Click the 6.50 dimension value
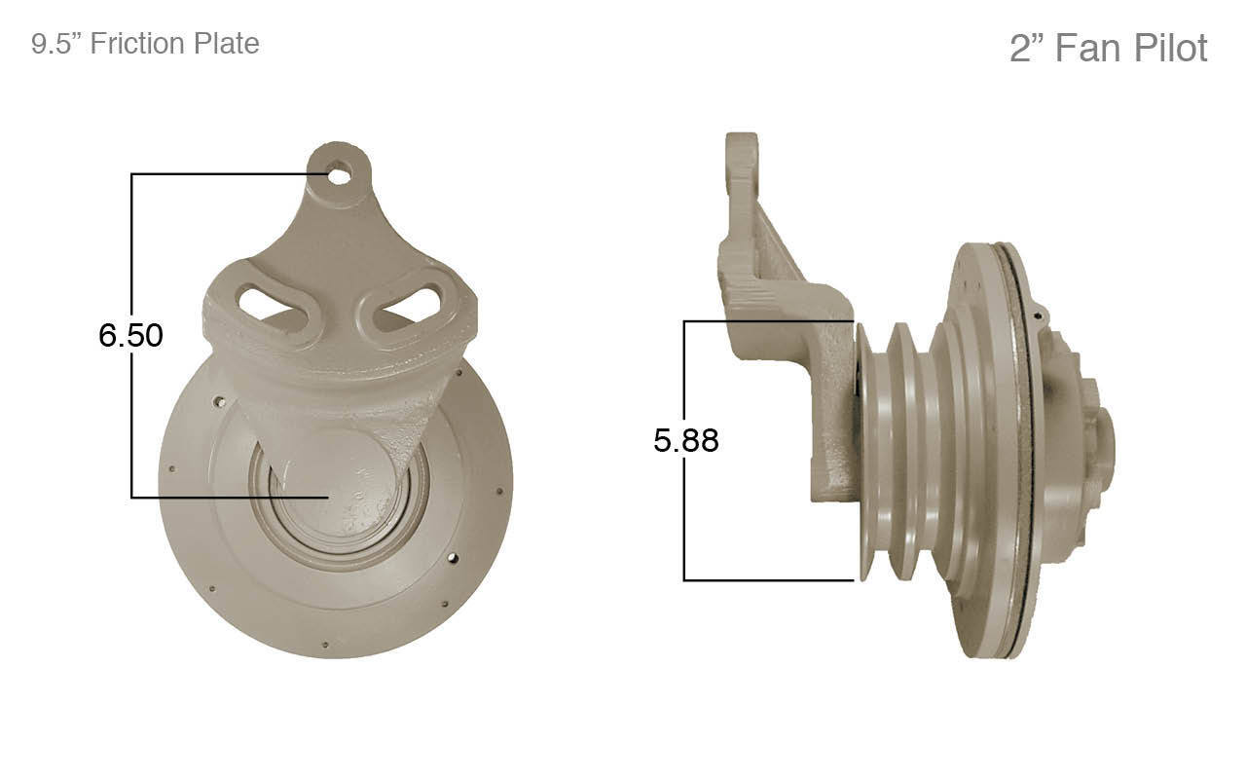coord(130,335)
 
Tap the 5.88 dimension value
coord(685,440)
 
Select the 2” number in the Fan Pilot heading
coord(1026,48)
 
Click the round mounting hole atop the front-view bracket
coord(339,176)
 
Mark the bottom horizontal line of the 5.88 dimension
coord(769,580)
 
